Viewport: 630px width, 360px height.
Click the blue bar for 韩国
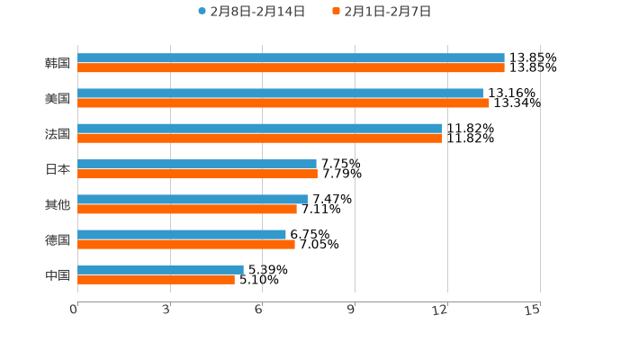coord(291,58)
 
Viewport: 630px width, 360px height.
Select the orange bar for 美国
coord(283,103)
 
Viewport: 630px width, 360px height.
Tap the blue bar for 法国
coord(260,128)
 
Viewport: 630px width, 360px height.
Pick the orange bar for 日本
coord(197,174)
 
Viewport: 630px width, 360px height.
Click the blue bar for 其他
coord(193,199)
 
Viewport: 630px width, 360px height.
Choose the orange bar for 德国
coord(186,244)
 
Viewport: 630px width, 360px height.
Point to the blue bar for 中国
coord(160,269)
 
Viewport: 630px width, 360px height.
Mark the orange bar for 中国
coord(156,279)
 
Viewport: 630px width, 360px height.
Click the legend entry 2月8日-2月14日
coord(251,12)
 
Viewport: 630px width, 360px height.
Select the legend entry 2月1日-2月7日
coord(382,12)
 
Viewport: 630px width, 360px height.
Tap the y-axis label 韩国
coord(58,63)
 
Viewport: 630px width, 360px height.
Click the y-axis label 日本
coord(58,169)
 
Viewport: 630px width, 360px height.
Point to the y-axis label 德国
coord(58,239)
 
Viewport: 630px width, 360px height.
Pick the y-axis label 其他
coord(58,204)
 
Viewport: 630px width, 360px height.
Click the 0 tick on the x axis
coord(74,310)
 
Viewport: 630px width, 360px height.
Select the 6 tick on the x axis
coord(259,310)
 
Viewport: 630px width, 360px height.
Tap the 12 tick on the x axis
coord(441,310)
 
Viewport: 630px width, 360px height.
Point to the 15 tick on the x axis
coord(533,310)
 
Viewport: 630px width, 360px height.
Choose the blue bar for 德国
coord(182,234)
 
